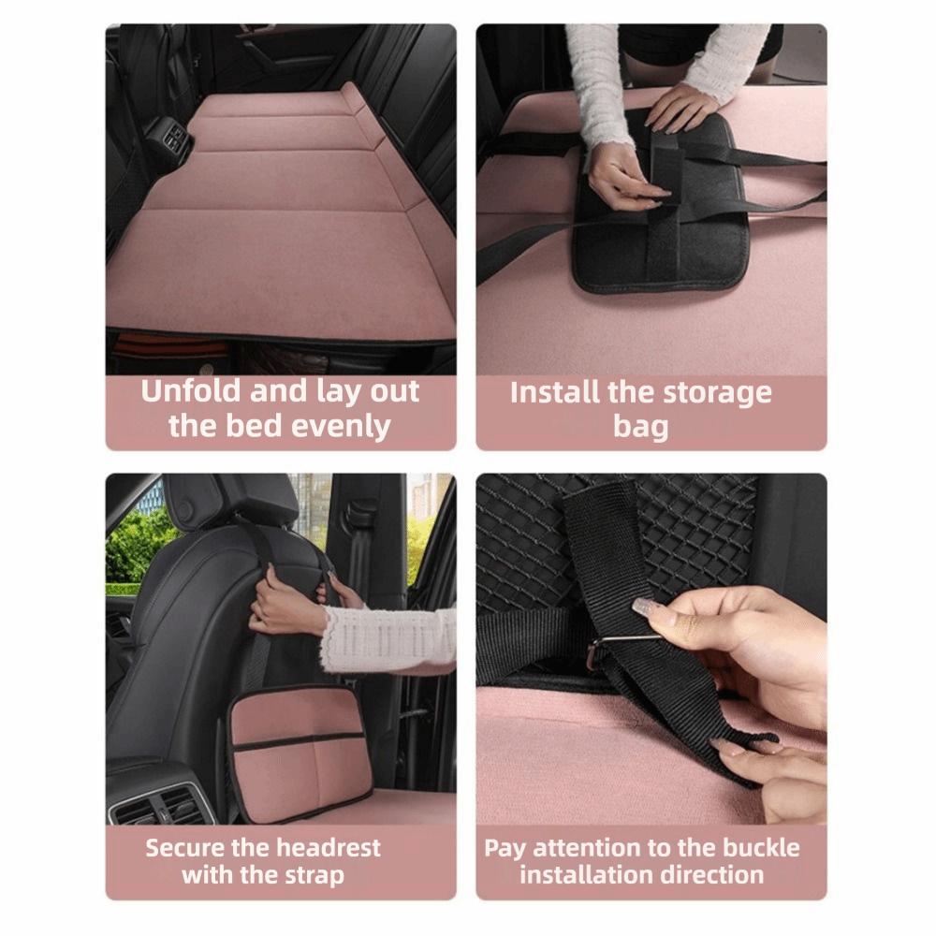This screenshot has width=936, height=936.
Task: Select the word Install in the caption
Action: [555, 392]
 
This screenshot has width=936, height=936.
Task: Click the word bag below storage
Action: [641, 427]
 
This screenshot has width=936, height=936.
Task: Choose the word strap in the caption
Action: [314, 875]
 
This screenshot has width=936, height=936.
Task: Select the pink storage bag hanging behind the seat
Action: [299, 753]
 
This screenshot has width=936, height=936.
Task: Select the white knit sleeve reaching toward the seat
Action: [388, 641]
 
